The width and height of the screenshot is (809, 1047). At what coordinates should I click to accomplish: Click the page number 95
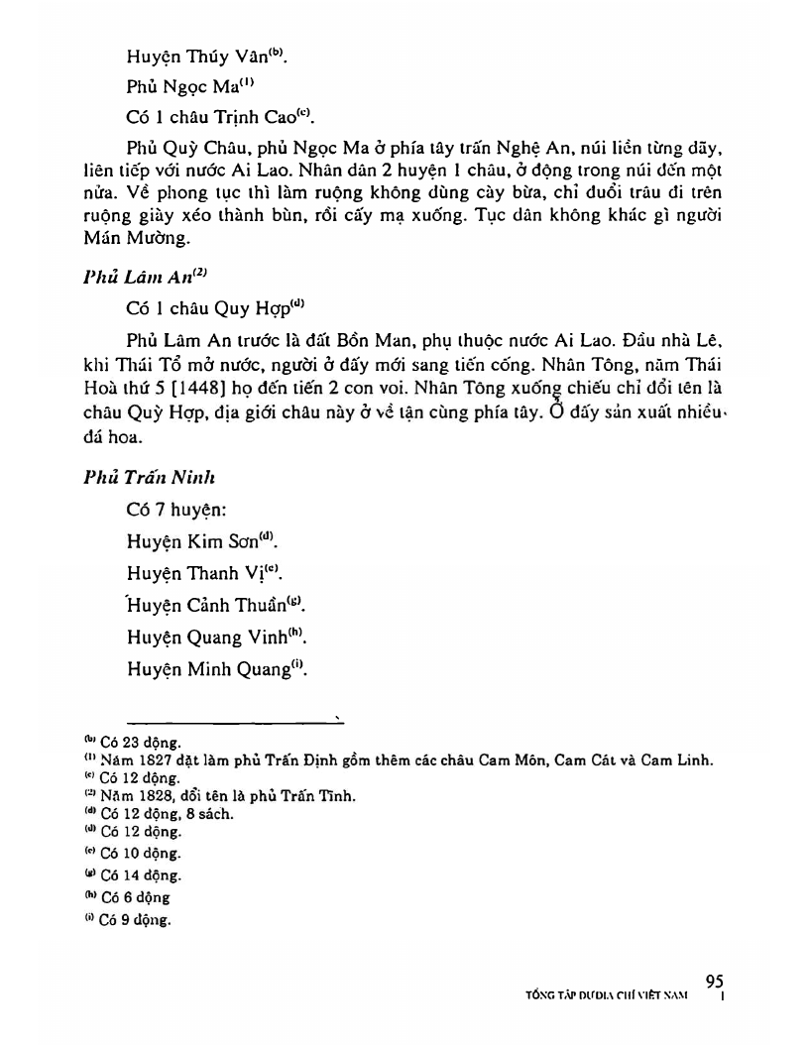(x=715, y=981)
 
